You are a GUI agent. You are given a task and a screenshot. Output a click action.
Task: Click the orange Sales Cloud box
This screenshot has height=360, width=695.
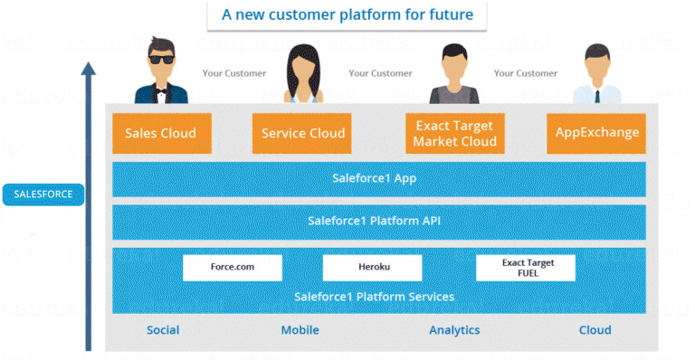coord(161,133)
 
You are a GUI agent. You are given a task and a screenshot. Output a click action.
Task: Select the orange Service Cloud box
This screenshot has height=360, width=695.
coord(302,133)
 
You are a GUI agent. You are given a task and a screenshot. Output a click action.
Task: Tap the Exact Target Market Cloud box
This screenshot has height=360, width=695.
coord(455,133)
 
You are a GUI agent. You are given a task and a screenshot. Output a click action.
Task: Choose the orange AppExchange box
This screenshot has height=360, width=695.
coord(597,133)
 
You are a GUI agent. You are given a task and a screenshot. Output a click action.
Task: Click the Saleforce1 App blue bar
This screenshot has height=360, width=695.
coord(378,179)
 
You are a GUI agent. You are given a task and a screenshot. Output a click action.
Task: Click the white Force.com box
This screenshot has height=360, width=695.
coord(233,267)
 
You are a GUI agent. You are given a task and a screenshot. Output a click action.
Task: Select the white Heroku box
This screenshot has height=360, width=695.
coord(372,267)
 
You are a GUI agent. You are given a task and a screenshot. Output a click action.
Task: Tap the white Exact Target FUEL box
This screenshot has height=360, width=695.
coord(526,267)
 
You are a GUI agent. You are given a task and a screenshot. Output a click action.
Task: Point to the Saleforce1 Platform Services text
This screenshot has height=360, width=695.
coord(374,297)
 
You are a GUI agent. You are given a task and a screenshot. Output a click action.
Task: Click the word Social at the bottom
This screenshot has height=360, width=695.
coord(163,330)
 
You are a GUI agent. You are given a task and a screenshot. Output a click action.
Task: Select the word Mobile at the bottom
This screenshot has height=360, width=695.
coord(300,330)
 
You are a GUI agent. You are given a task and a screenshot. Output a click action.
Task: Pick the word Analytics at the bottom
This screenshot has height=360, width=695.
coord(454,330)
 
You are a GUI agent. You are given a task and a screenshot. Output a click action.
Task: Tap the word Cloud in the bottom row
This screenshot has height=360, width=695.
coord(595,330)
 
